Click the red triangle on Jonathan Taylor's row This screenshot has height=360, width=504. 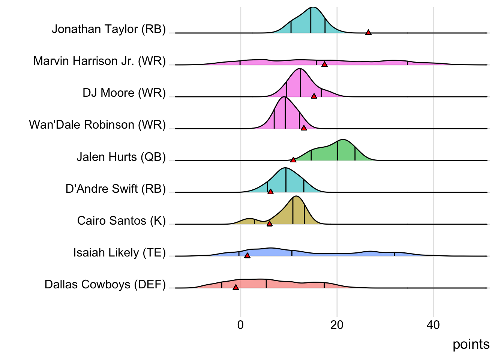(368, 33)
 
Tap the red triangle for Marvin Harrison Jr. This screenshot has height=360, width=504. (324, 64)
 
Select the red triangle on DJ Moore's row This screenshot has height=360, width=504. (314, 96)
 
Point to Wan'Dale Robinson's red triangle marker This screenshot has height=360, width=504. (304, 128)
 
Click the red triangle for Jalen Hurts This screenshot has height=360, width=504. (293, 160)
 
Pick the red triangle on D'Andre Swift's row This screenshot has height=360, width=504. (270, 192)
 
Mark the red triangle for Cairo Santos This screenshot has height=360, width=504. (269, 224)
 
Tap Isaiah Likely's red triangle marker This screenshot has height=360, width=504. (247, 256)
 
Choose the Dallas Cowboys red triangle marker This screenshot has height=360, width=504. (235, 288)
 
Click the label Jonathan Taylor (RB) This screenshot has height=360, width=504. (109, 29)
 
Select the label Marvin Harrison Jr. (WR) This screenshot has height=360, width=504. (99, 61)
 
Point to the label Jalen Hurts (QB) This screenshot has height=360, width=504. (121, 157)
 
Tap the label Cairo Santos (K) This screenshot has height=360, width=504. (121, 220)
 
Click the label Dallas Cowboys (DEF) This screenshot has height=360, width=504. (105, 284)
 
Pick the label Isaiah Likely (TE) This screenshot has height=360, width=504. (119, 252)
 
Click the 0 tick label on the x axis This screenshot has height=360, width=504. (240, 325)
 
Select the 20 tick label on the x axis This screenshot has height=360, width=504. (337, 325)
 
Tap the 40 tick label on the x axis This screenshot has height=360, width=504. (433, 325)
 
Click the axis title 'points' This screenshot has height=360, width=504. (471, 344)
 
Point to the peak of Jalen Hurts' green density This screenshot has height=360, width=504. (342, 140)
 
